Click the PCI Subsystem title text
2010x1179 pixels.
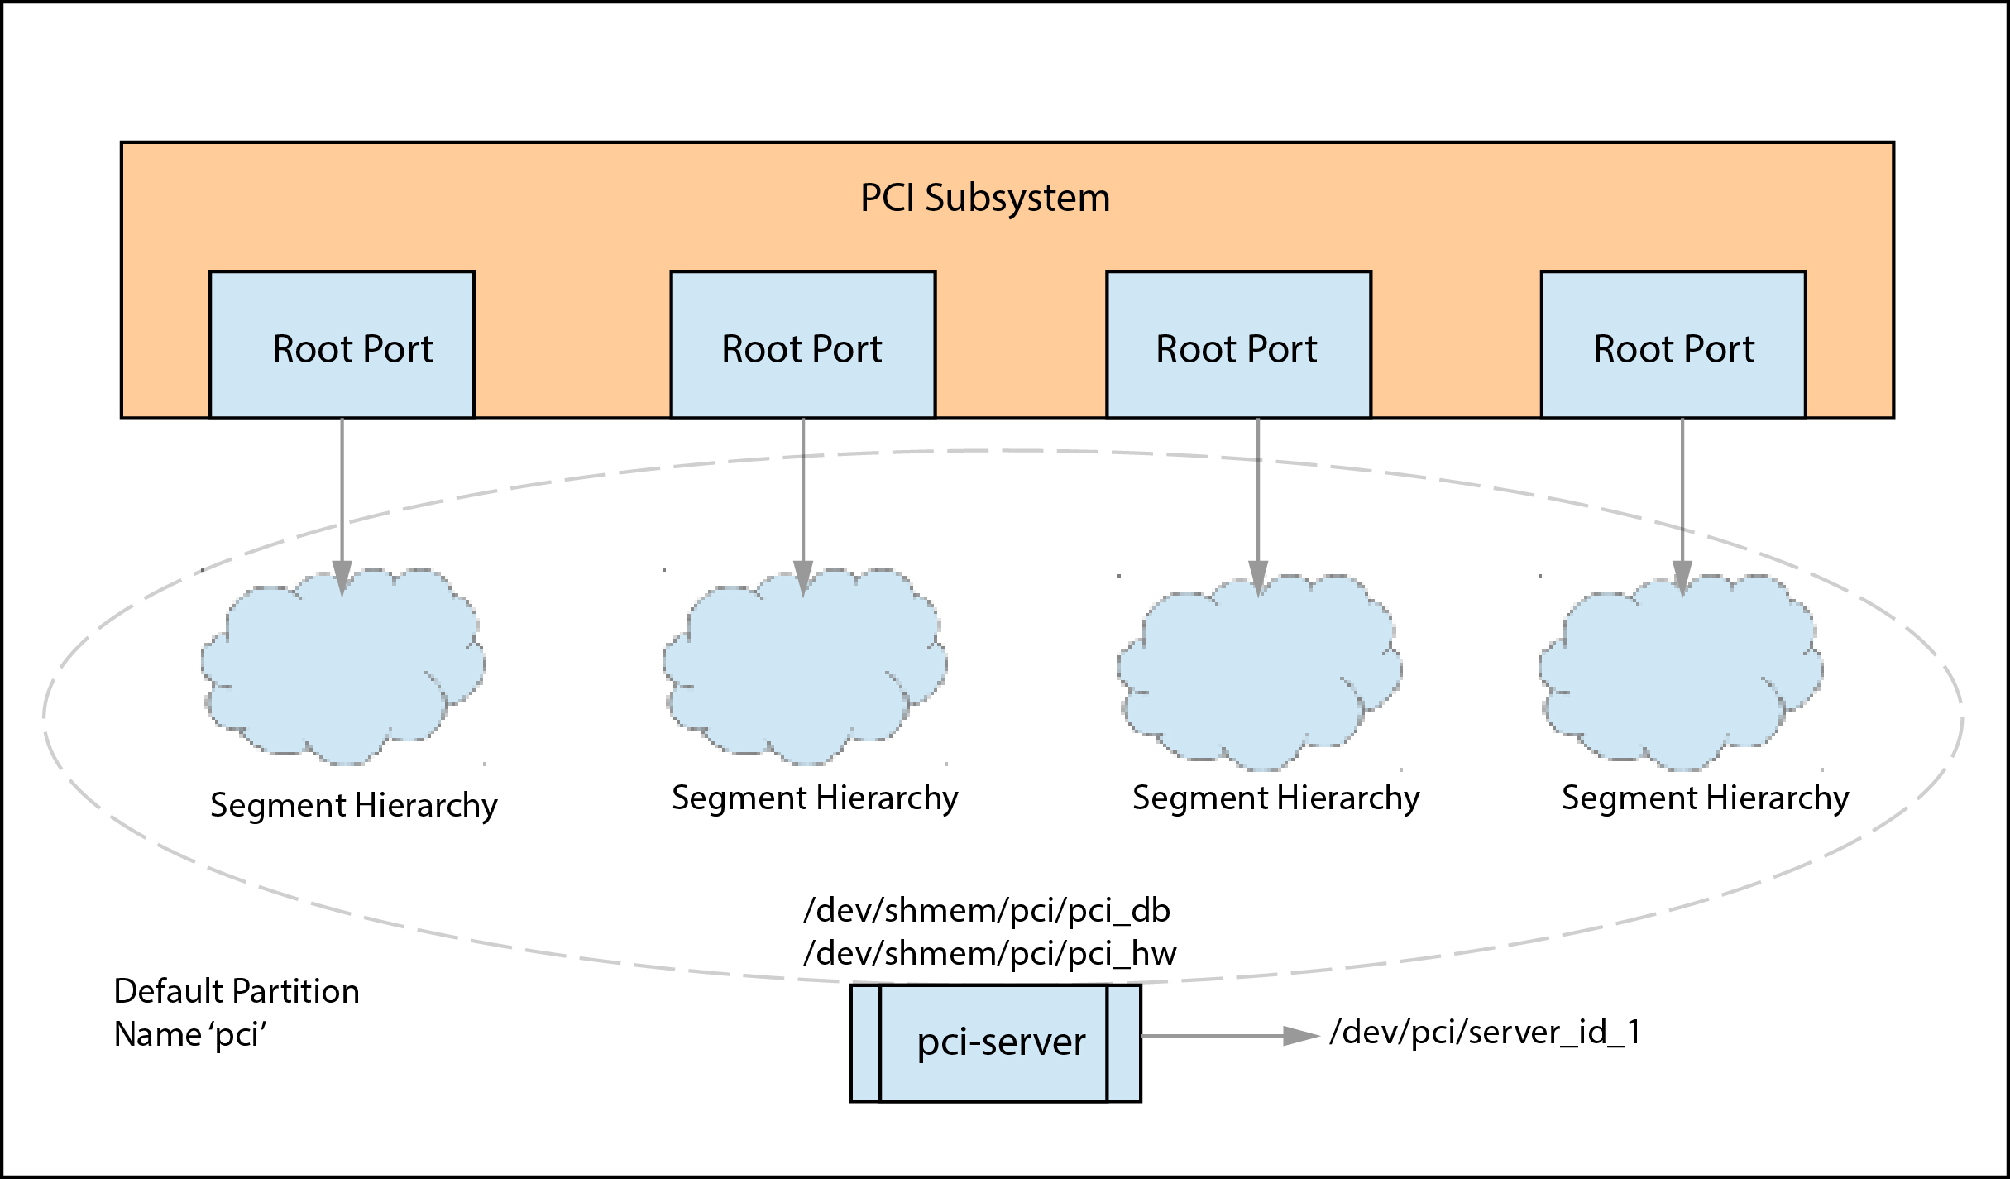coord(984,199)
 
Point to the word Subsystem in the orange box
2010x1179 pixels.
coord(1017,199)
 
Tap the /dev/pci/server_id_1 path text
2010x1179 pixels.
coord(1485,1033)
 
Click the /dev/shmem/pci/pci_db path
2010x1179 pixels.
coord(987,911)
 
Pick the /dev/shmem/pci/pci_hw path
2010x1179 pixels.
coord(990,954)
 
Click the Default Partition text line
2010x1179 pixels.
coord(237,991)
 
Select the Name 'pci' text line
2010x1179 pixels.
coord(190,1035)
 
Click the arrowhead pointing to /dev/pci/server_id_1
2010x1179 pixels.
coord(1300,1036)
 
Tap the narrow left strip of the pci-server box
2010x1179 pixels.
coord(866,1042)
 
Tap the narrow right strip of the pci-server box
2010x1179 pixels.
coord(1123,1042)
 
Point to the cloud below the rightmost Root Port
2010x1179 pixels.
coord(1680,674)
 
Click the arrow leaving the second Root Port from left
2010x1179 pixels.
coord(803,496)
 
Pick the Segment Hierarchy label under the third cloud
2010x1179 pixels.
coord(1275,798)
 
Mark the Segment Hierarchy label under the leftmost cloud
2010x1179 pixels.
coord(354,806)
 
